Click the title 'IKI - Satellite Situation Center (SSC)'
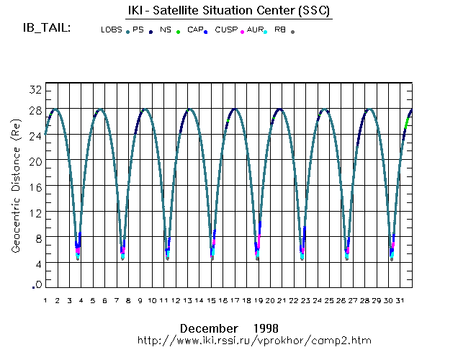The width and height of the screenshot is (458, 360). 224,12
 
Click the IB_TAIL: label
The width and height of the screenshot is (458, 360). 46,28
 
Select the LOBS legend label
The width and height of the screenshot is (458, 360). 111,30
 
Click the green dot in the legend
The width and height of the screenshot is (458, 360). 178,32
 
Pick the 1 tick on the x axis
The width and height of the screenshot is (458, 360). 45,300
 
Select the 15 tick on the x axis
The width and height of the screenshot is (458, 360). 212,300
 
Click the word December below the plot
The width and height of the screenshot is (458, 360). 209,328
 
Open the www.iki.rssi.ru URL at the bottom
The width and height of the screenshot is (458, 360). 255,339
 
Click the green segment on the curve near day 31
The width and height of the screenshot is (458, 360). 406,123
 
